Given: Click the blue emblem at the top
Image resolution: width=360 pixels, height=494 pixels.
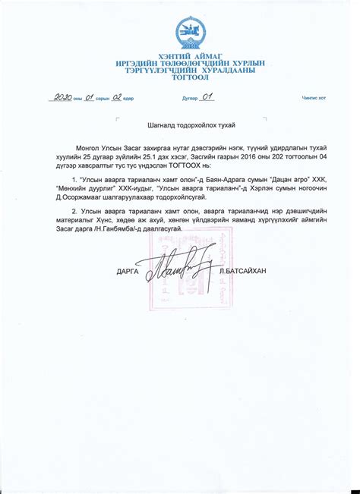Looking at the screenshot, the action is [189, 32].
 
